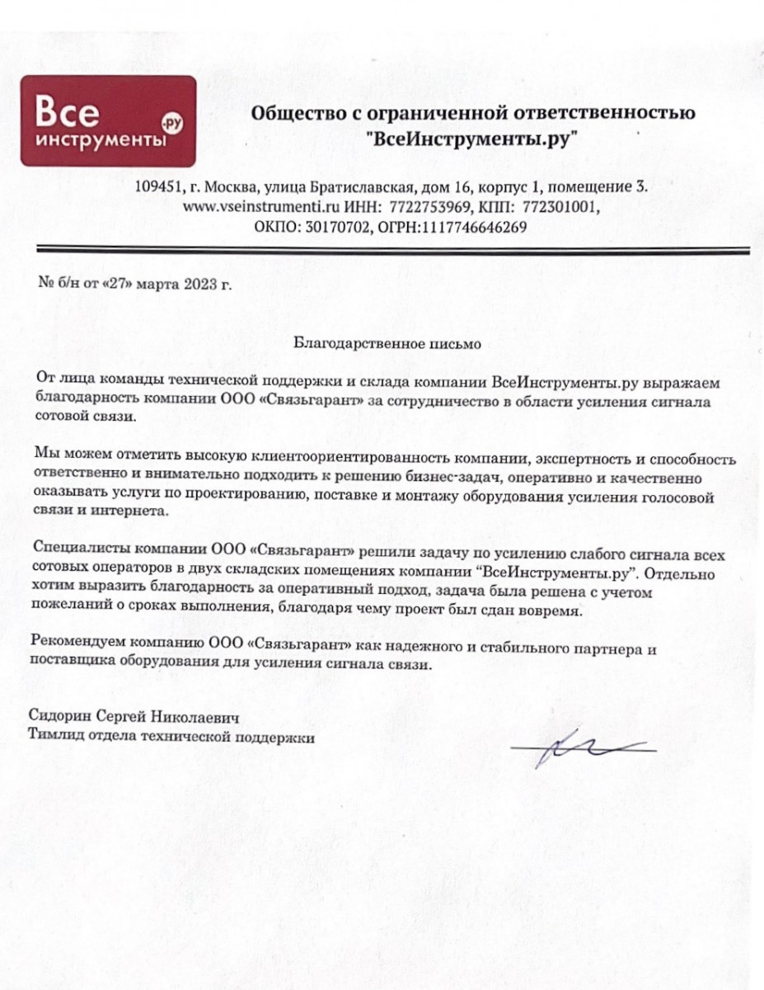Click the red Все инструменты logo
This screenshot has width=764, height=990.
pyautogui.click(x=108, y=121)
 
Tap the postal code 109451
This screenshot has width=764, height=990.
pyautogui.click(x=158, y=188)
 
